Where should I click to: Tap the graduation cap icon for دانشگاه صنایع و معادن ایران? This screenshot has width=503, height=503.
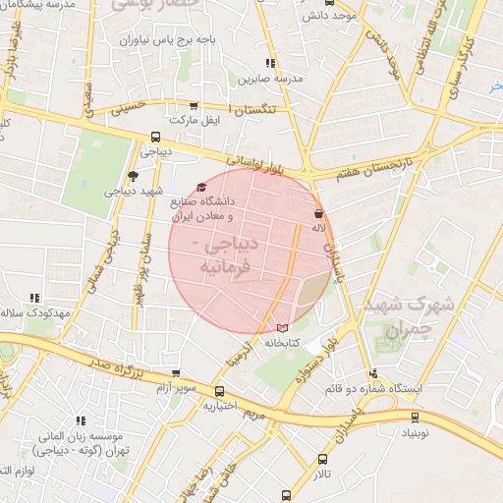click(x=202, y=187)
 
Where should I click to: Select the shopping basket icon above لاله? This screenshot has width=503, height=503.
click(x=318, y=213)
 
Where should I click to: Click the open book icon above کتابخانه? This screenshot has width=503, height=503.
click(x=283, y=327)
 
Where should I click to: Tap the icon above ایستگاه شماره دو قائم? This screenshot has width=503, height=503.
click(x=373, y=373)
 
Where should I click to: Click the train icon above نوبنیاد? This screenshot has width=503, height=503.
click(x=415, y=417)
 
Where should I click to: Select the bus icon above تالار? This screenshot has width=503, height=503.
click(x=322, y=459)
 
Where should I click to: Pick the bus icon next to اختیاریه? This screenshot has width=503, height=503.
click(x=208, y=390)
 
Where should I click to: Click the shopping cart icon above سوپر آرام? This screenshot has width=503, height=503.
click(x=176, y=373)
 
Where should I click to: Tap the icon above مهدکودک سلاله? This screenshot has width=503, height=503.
click(x=35, y=297)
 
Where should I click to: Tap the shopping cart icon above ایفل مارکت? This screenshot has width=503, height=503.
click(x=193, y=105)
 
